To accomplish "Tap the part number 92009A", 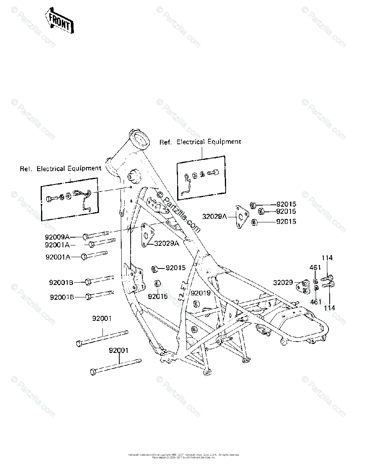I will pyautogui.click(x=57, y=237).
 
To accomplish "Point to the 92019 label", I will pyautogui.click(x=201, y=293).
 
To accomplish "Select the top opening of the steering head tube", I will pyautogui.click(x=140, y=136).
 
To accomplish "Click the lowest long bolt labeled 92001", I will pyautogui.click(x=115, y=366).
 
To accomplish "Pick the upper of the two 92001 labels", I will pyautogui.click(x=102, y=319).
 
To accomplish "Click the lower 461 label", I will pyautogui.click(x=316, y=302).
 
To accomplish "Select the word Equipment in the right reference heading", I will pyautogui.click(x=224, y=142).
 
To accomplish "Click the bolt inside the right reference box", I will pyautogui.click(x=213, y=172).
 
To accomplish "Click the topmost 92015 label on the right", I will pyautogui.click(x=286, y=204).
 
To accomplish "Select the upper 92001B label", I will pyautogui.click(x=62, y=282).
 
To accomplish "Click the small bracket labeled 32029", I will pyautogui.click(x=302, y=286).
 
